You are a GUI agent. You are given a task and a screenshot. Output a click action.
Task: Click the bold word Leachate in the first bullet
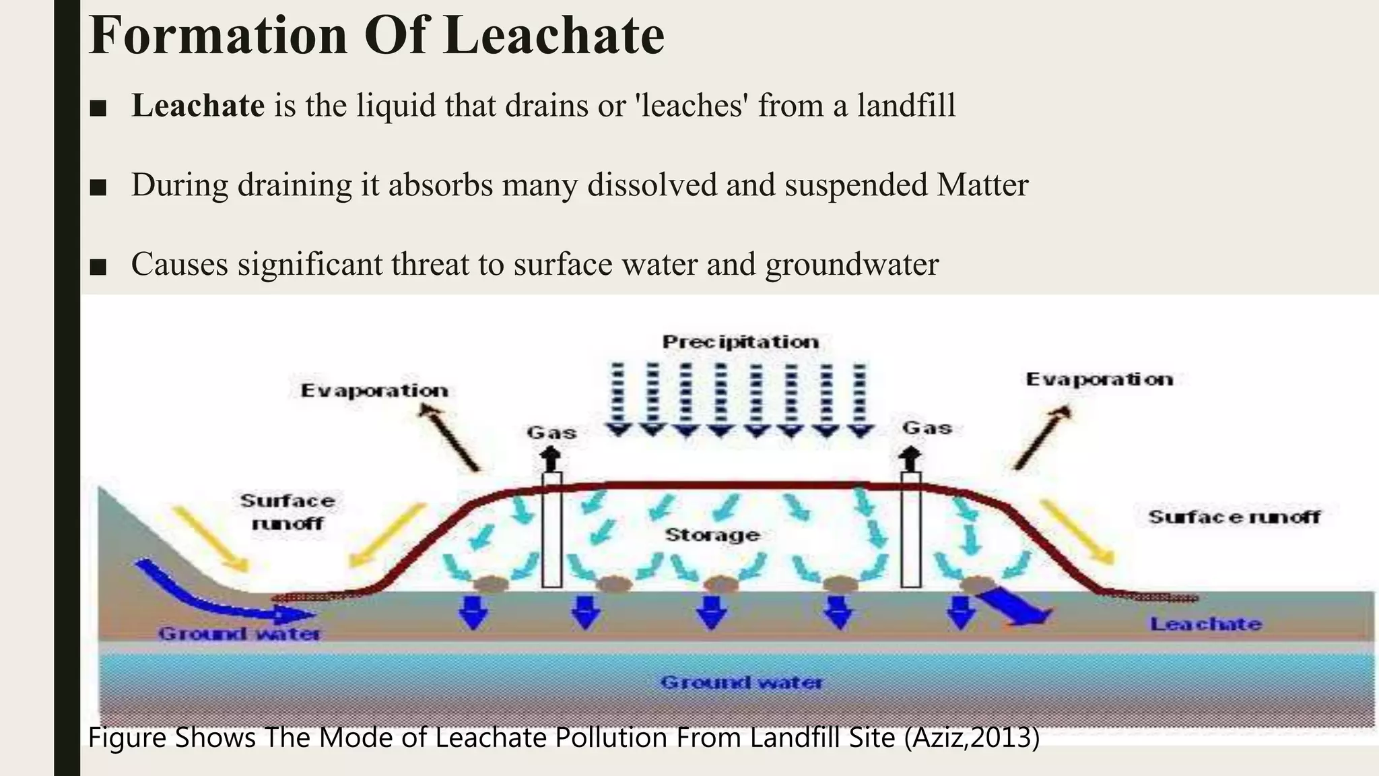[198, 106]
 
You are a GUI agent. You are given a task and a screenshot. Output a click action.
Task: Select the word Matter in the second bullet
[982, 185]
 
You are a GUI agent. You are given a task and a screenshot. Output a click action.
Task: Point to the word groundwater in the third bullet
[852, 264]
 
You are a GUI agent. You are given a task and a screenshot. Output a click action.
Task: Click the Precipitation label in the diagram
[741, 342]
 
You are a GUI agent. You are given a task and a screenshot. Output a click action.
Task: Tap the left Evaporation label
[374, 391]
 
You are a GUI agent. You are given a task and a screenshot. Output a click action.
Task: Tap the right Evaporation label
[1099, 379]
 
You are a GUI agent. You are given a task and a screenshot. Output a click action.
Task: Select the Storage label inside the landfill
[712, 535]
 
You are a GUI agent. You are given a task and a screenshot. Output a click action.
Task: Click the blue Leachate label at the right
[1205, 624]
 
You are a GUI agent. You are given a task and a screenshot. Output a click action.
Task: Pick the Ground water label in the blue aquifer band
[741, 682]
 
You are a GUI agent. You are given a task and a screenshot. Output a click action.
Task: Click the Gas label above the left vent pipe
[551, 432]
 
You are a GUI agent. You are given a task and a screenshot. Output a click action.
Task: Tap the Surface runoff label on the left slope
[288, 512]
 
